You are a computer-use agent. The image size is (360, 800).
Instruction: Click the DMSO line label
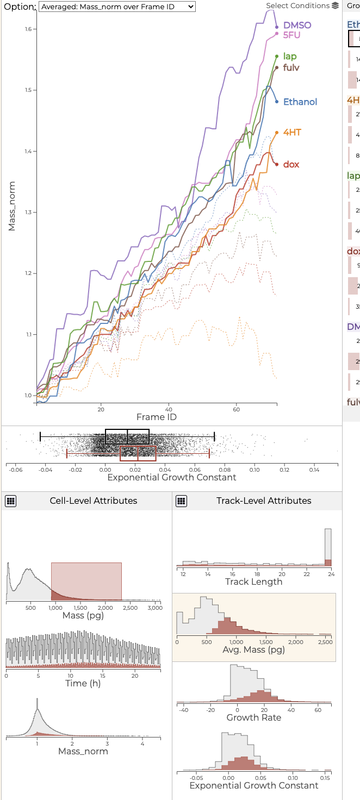tap(297, 26)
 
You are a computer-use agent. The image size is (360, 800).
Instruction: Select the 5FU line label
tap(291, 35)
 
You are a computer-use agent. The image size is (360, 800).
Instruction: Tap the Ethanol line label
tap(300, 102)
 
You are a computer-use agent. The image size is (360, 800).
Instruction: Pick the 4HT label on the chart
tap(292, 133)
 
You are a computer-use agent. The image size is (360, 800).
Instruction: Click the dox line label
tap(291, 165)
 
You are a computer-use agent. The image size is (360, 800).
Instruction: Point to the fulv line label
tap(291, 68)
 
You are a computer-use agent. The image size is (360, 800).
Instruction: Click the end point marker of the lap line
tap(277, 56)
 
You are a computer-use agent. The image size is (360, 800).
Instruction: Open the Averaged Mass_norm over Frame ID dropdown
tap(116, 7)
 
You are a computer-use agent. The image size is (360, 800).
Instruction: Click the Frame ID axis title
tap(156, 417)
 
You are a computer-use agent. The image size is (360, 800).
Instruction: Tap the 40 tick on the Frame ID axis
tap(169, 408)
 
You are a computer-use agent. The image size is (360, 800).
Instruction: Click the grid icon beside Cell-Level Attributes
tap(11, 501)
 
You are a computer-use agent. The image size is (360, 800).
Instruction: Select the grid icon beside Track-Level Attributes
tap(182, 501)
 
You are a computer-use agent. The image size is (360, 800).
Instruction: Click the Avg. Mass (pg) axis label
tap(253, 650)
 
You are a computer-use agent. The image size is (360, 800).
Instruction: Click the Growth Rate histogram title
tap(254, 717)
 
